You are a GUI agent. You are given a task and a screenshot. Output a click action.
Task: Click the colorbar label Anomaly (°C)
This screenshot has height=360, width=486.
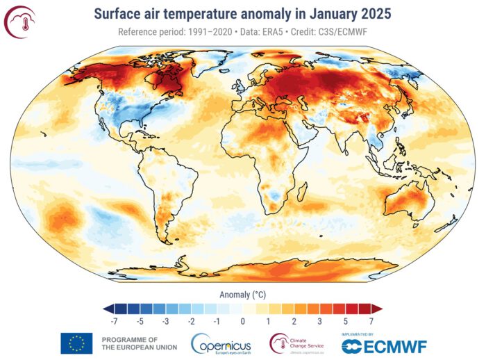(242, 294)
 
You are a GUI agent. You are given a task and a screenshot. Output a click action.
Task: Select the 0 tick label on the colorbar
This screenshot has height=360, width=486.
(243, 322)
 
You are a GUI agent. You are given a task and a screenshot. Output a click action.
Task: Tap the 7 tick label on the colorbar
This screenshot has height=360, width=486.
(371, 322)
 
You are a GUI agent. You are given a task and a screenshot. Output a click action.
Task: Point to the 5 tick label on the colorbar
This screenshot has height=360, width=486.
(346, 322)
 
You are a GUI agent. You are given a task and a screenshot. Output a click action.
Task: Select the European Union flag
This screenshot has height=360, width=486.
(76, 343)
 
